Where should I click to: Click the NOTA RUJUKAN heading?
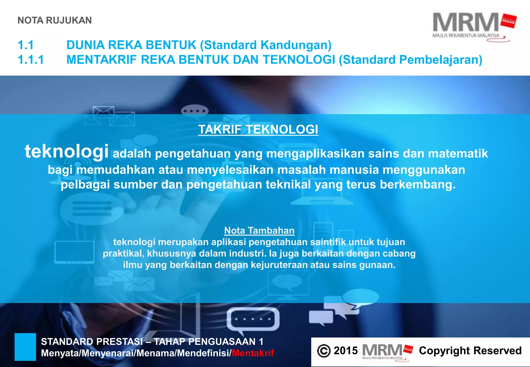point(55,20)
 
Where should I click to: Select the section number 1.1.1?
point(31,60)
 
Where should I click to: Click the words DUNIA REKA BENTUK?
point(131,45)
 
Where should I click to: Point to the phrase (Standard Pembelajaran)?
point(410,60)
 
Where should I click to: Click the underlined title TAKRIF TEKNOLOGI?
point(258,129)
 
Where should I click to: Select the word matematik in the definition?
point(458,153)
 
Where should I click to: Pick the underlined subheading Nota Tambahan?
point(259,230)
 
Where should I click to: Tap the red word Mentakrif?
point(253,353)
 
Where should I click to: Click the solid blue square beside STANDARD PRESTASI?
point(25,347)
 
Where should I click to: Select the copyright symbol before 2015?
point(324,351)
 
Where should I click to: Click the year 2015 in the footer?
point(345,351)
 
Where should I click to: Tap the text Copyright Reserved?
point(470,351)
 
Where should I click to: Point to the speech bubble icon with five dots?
point(253,319)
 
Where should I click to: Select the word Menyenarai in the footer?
point(109,353)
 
